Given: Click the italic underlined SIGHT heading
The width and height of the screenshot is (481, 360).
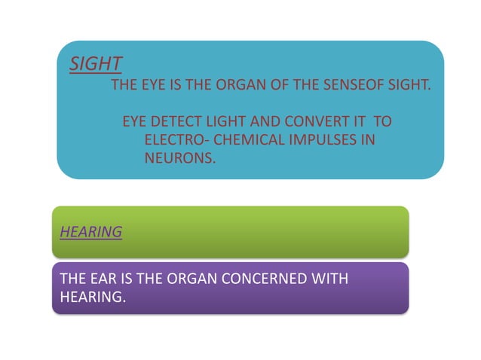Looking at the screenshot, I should coord(96,63).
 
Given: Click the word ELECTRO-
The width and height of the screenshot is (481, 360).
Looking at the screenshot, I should coord(176,140).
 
